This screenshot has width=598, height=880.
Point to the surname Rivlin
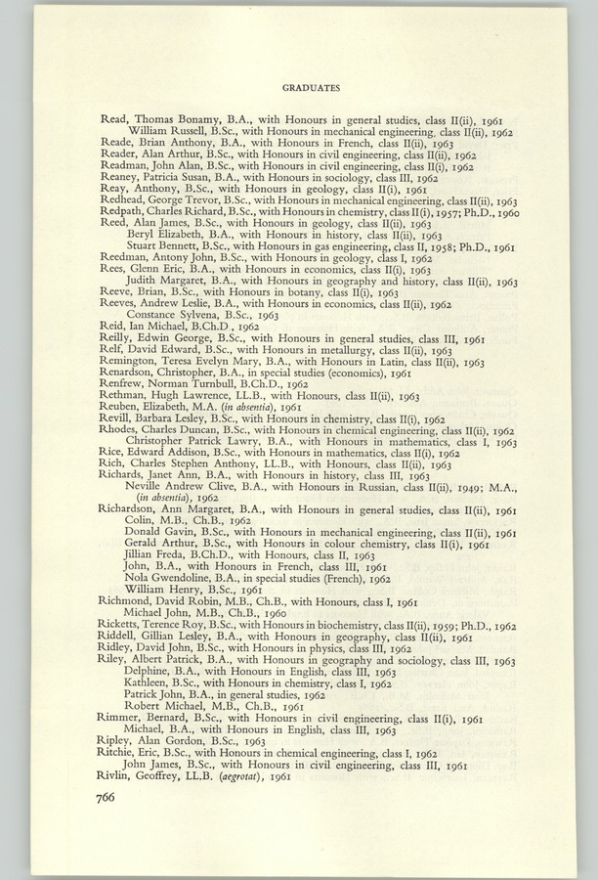pos(117,776)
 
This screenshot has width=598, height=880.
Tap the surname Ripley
pos(119,741)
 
